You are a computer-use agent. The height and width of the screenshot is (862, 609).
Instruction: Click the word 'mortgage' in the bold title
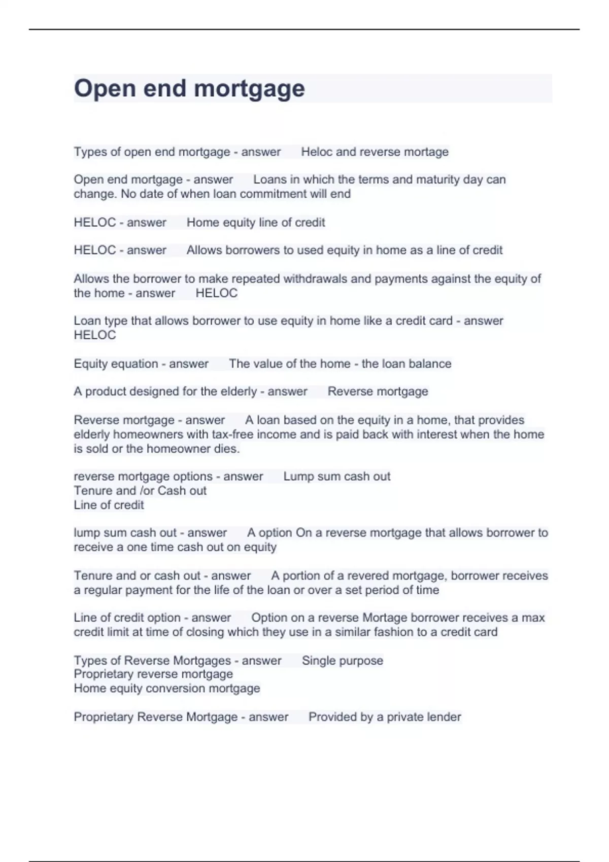[249, 89]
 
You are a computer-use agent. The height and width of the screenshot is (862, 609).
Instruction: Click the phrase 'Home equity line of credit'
[256, 222]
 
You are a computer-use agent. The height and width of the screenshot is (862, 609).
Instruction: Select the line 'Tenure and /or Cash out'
[140, 490]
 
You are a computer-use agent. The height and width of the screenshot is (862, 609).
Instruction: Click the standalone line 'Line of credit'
[109, 505]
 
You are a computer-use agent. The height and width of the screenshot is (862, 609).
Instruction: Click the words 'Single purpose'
[343, 660]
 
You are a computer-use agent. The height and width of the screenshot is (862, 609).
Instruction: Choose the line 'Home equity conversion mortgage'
[167, 688]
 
